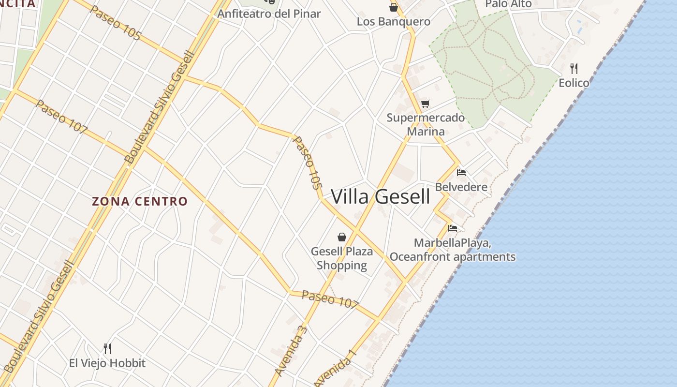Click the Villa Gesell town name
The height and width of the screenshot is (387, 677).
381,197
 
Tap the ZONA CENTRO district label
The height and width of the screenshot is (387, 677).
139,201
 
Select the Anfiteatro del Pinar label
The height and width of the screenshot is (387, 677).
269,14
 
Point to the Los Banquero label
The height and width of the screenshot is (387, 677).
394,22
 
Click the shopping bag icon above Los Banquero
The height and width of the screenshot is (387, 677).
394,7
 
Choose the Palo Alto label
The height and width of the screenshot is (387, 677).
508,4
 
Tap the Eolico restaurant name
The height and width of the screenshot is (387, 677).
574,83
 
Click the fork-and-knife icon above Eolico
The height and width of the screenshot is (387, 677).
574,68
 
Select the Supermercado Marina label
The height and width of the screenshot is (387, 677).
426,124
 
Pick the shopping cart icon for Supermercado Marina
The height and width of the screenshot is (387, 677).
426,104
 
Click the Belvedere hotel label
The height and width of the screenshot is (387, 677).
461,187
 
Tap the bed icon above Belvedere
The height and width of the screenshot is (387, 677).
461,172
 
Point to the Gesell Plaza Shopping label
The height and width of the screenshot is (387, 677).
342,258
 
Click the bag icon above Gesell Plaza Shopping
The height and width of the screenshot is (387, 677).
342,237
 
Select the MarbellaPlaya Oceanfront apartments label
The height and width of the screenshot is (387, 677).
453,250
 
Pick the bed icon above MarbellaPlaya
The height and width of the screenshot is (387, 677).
453,228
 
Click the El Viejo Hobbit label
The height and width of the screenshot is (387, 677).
107,363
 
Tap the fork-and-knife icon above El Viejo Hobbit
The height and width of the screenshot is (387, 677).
107,348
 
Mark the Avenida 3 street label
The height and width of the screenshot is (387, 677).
291,351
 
